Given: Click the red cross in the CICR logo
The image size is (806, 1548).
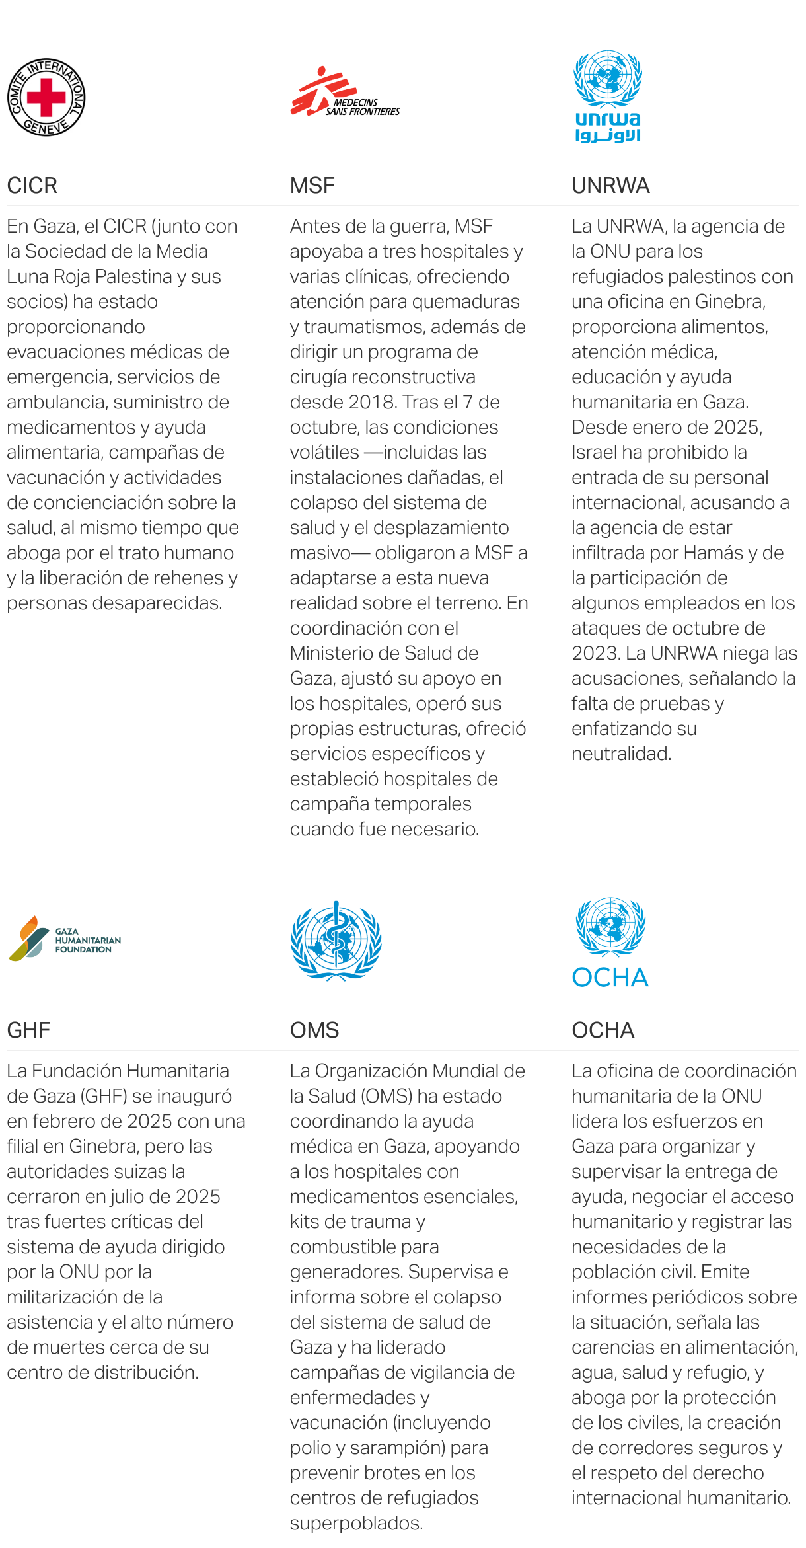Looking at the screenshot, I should click(x=46, y=97).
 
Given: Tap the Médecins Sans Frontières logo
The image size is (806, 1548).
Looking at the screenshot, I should click(x=344, y=93).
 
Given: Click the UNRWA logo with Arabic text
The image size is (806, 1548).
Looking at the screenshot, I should click(x=608, y=96).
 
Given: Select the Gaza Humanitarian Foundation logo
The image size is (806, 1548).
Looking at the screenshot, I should click(x=64, y=939).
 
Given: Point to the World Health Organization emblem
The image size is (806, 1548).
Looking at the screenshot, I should click(x=336, y=939).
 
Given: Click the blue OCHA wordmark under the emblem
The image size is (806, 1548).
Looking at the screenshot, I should click(x=610, y=978).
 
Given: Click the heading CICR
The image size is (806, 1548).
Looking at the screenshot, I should click(x=32, y=186).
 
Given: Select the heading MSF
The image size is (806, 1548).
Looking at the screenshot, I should click(x=312, y=186).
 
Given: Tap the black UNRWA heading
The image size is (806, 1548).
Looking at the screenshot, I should click(x=610, y=186).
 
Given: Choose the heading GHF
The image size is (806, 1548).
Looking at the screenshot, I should click(x=28, y=1030).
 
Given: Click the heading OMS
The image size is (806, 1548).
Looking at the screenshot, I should click(x=314, y=1030).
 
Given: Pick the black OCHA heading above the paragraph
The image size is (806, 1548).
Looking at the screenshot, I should click(x=603, y=1030).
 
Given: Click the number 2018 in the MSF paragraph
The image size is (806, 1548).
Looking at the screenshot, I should click(x=372, y=403).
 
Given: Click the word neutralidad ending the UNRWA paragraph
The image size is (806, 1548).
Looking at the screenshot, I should click(x=621, y=754).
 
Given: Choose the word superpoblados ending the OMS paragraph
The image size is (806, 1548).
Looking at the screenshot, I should click(x=356, y=1524).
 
